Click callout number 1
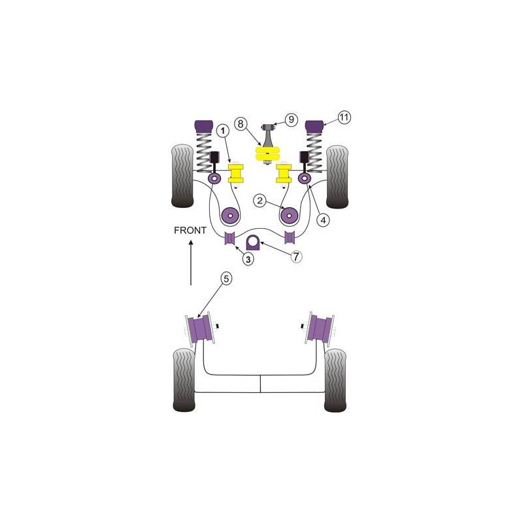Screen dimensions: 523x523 point(223,131)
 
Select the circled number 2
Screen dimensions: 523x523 point(260,201)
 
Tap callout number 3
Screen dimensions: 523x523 point(248,258)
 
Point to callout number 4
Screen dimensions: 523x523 point(323,220)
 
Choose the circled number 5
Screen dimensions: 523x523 point(226,278)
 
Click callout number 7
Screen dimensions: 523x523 point(296,256)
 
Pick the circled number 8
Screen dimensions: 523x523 point(241,124)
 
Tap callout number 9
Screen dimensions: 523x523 point(291,120)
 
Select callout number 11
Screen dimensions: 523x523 point(344,118)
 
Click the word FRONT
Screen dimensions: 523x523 point(190,230)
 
